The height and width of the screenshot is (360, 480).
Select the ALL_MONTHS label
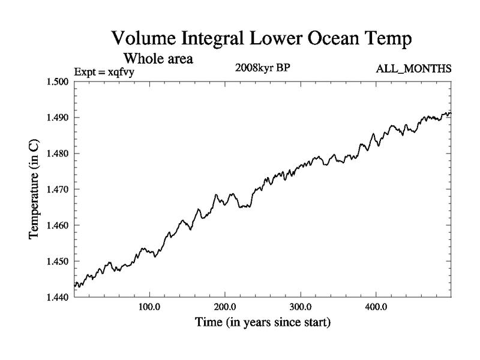pos(413,70)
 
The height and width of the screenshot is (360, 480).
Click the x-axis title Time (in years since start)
pos(263,323)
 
